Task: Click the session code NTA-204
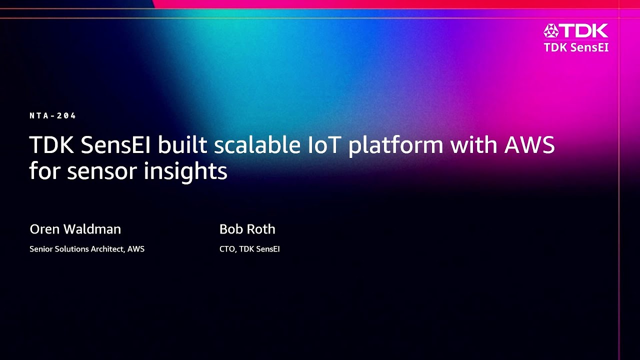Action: click(53, 116)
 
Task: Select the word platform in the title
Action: click(395, 145)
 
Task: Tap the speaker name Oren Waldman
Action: click(75, 229)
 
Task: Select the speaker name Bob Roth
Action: click(247, 229)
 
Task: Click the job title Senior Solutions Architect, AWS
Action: click(87, 249)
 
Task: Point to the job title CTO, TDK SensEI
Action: click(249, 249)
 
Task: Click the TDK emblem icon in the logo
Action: click(551, 31)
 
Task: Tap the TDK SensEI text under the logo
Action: click(576, 47)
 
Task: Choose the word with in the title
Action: click(472, 145)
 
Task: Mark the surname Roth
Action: click(261, 229)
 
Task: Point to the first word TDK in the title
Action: click(51, 145)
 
